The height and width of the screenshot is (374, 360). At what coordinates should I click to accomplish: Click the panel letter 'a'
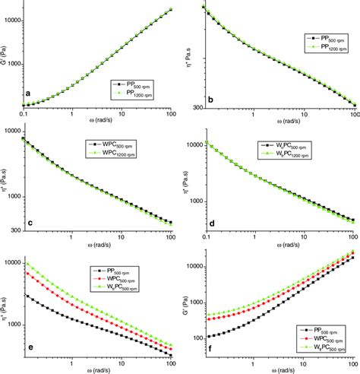pyautogui.click(x=28, y=94)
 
